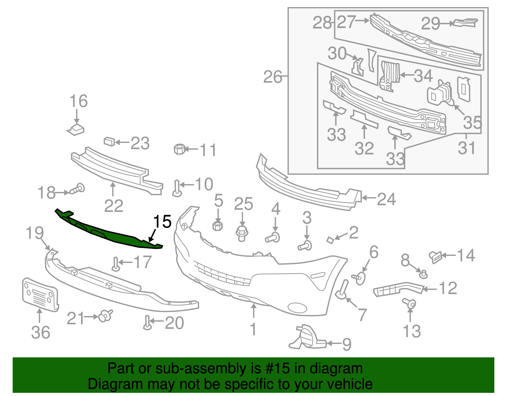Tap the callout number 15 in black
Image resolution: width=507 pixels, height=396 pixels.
(162, 221)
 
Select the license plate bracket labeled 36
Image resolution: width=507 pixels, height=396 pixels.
(40, 295)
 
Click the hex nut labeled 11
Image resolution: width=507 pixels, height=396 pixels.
(179, 149)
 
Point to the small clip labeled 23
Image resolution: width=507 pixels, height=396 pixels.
(109, 141)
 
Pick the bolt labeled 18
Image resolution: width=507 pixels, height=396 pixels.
(77, 189)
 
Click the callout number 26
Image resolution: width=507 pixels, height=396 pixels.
(273, 77)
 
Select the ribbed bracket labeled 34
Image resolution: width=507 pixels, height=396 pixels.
(389, 76)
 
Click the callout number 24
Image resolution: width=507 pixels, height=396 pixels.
(386, 199)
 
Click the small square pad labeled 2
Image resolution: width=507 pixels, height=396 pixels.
(330, 240)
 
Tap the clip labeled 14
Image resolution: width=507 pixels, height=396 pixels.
(435, 257)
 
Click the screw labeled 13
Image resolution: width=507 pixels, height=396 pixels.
(409, 303)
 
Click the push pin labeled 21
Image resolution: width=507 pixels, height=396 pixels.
(106, 316)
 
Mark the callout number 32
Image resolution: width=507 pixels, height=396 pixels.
(364, 148)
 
